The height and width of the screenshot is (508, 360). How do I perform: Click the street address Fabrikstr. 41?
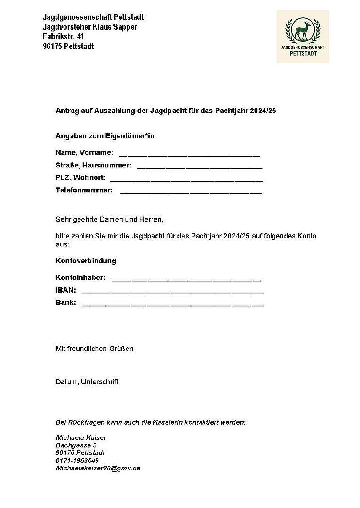point(63,36)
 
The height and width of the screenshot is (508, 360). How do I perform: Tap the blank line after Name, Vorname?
point(189,154)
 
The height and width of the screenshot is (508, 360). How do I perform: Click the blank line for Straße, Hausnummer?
point(200,167)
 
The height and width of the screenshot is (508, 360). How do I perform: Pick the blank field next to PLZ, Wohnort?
point(186,179)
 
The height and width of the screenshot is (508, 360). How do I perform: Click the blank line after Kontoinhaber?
point(185,279)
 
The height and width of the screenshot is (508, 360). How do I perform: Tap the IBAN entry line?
point(172,292)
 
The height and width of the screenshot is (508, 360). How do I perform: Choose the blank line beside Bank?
point(172,304)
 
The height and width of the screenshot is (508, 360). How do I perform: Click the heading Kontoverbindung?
point(86,261)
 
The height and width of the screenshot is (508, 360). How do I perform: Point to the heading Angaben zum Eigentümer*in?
point(105,136)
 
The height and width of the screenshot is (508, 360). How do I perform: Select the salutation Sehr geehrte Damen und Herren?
point(109,219)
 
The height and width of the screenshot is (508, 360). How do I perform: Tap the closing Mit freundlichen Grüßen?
point(94,349)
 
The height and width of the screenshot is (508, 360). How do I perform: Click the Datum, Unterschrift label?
point(87,381)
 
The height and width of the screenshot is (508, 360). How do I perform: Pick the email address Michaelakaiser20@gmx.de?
point(98,468)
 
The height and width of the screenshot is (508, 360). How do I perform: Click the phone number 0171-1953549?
point(77,460)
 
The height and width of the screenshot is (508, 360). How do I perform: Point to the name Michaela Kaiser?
point(81,437)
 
